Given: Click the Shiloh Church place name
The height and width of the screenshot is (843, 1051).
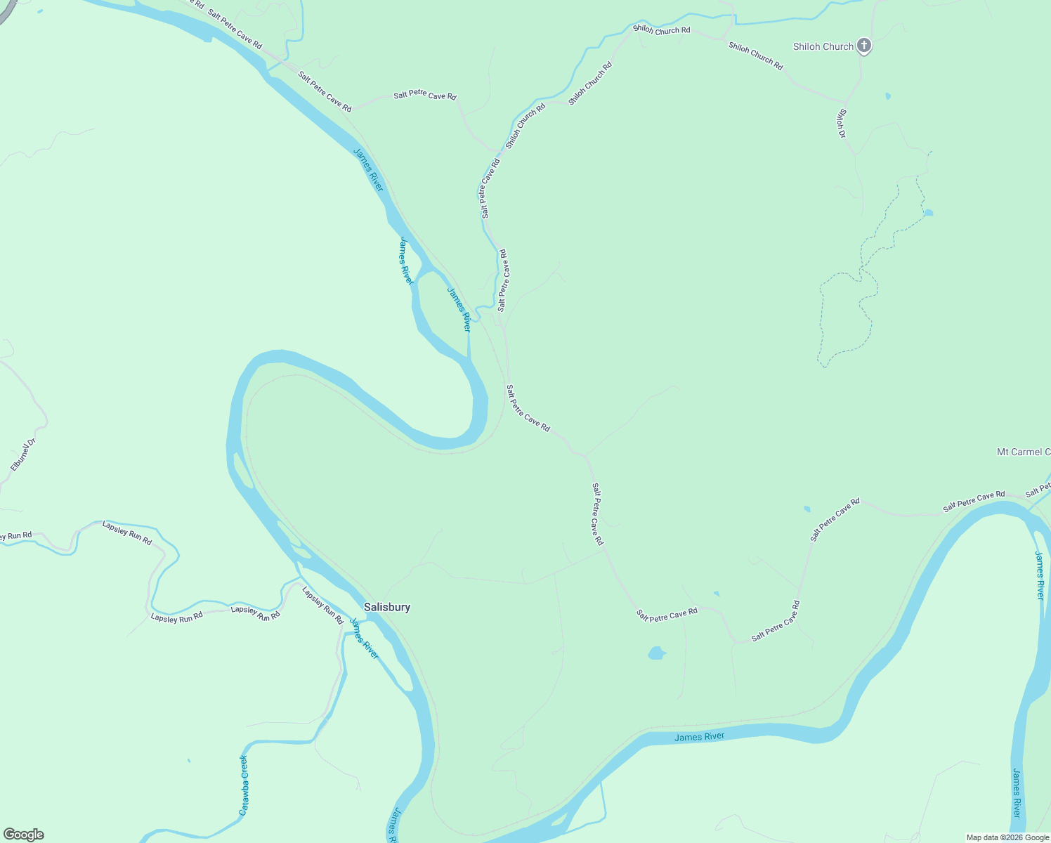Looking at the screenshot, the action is [823, 46].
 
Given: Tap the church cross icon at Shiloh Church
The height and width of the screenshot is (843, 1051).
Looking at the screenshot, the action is [864, 46].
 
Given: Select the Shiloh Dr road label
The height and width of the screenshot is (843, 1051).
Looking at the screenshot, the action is [842, 123].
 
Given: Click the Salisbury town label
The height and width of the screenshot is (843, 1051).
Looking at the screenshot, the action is [387, 607].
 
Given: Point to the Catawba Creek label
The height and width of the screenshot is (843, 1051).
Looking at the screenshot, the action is [244, 785].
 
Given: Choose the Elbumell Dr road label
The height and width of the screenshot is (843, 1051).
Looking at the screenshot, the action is [23, 455].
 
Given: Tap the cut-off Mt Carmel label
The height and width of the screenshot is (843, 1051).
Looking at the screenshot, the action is [1023, 452].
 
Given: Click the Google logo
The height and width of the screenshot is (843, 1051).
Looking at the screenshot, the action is [23, 835].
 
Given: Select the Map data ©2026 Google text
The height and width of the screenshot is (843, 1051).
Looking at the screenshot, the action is [1007, 837].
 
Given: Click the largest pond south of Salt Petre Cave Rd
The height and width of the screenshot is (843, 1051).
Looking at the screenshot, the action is [656, 653].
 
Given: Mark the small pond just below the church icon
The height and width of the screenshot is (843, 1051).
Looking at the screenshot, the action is [888, 96].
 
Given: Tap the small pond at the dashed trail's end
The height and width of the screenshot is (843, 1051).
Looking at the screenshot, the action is [928, 212].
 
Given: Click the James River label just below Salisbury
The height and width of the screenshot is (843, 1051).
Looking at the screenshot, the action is [364, 638].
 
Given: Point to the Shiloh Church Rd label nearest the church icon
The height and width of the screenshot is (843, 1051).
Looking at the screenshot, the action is [755, 55].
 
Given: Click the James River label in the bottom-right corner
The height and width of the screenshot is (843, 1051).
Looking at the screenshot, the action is [1016, 792].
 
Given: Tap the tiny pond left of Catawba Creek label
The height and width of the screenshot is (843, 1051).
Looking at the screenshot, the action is [188, 760].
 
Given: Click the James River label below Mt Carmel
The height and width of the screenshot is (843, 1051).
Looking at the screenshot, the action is [1040, 575].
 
